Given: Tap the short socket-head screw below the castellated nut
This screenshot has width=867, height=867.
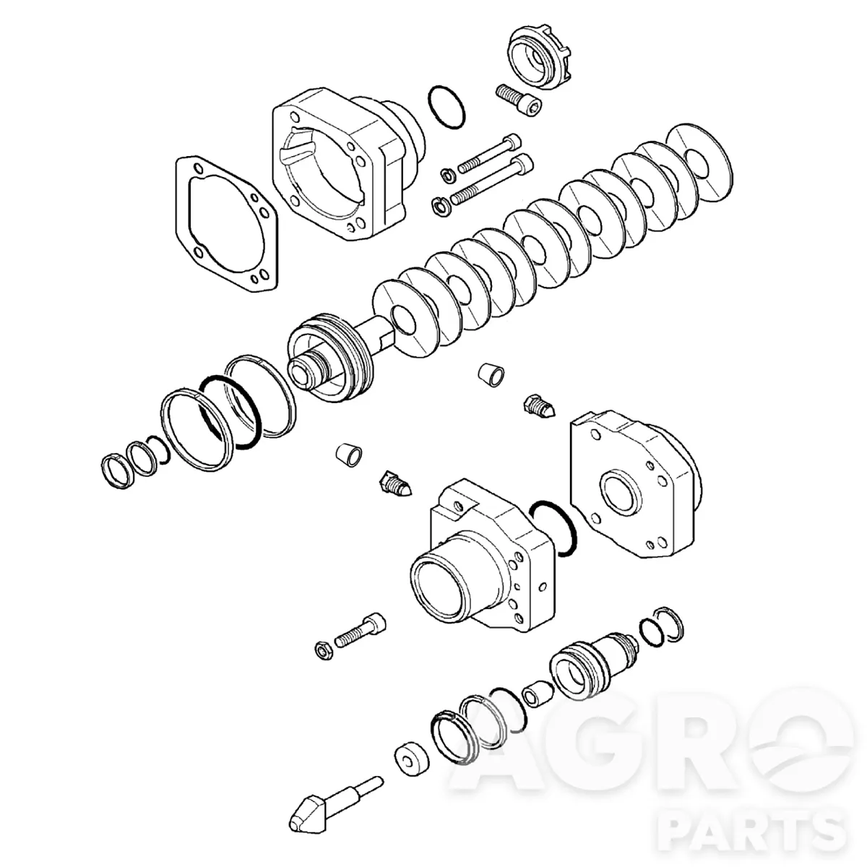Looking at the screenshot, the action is point(519,100).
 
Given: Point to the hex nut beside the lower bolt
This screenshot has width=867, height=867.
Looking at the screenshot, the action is point(324,650).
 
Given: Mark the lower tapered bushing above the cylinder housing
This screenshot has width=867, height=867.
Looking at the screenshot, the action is point(349,454).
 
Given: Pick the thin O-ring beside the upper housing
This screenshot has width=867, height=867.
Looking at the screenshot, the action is point(447,106).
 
